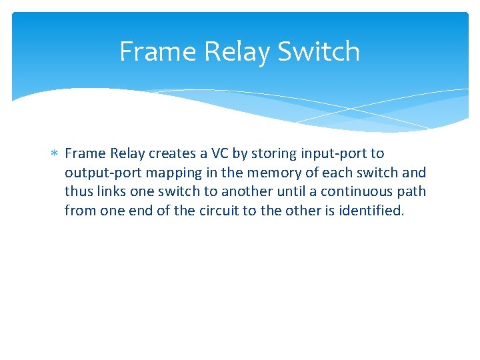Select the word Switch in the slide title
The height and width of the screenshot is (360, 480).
click(319, 51)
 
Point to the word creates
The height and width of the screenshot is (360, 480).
click(172, 153)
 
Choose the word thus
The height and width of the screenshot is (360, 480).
click(78, 192)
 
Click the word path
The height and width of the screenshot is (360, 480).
click(412, 192)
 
